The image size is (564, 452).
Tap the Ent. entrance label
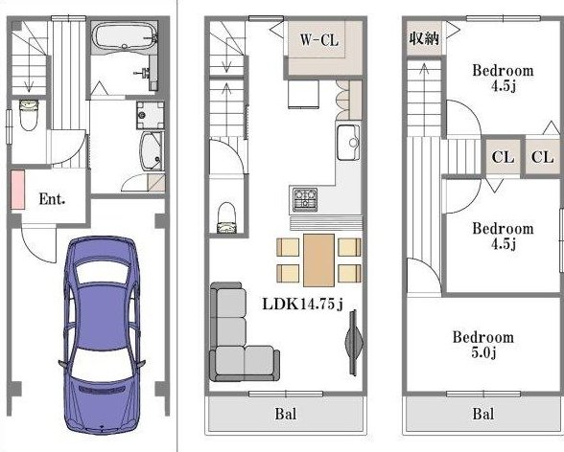[x=52, y=199]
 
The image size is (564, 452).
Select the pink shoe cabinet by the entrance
[x=17, y=190]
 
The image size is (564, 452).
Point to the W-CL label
[x=319, y=39]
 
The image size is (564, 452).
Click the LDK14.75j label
[x=302, y=305]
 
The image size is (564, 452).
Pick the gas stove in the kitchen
[x=305, y=199]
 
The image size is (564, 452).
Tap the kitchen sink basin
[x=348, y=143]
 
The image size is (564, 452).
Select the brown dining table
[x=318, y=260]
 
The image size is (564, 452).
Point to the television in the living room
[x=353, y=343]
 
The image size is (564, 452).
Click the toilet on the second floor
[x=226, y=218]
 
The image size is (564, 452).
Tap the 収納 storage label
[x=424, y=37]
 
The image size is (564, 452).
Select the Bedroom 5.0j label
[x=483, y=345]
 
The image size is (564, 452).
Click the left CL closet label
[x=503, y=157]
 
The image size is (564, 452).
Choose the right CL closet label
[x=542, y=157]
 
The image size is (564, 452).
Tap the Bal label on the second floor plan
[x=286, y=414]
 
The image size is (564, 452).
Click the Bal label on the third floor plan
[x=483, y=414]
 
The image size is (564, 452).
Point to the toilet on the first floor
[x=29, y=115]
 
